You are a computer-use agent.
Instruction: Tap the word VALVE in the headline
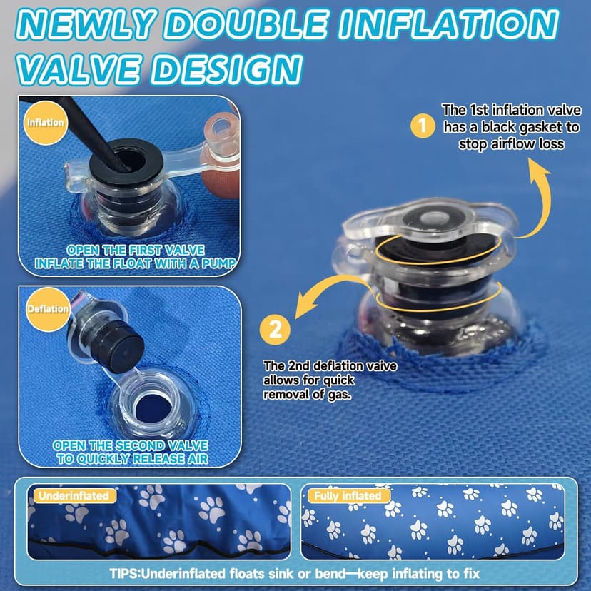tap(79, 70)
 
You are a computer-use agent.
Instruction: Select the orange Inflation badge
tap(45, 123)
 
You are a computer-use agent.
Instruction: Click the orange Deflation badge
tap(48, 309)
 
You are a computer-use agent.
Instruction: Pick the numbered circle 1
tap(423, 126)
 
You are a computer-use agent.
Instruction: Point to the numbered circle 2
tap(275, 330)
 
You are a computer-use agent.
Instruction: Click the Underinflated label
tap(74, 495)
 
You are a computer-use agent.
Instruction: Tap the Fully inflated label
tap(348, 495)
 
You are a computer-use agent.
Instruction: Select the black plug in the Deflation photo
tap(117, 344)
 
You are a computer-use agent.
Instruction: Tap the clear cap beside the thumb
tap(221, 132)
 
